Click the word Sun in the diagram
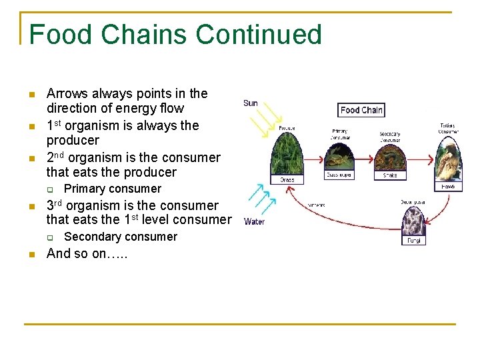[251, 103]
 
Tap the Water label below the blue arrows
[255, 221]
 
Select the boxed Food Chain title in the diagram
[361, 110]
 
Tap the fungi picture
[413, 220]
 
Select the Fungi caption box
[413, 240]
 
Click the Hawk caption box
[448, 187]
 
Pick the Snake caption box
[390, 176]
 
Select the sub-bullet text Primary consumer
[112, 189]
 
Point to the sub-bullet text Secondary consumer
[120, 237]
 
